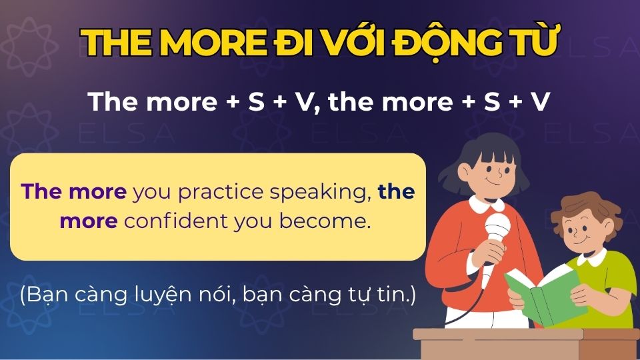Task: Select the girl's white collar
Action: pyautogui.click(x=490, y=203)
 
